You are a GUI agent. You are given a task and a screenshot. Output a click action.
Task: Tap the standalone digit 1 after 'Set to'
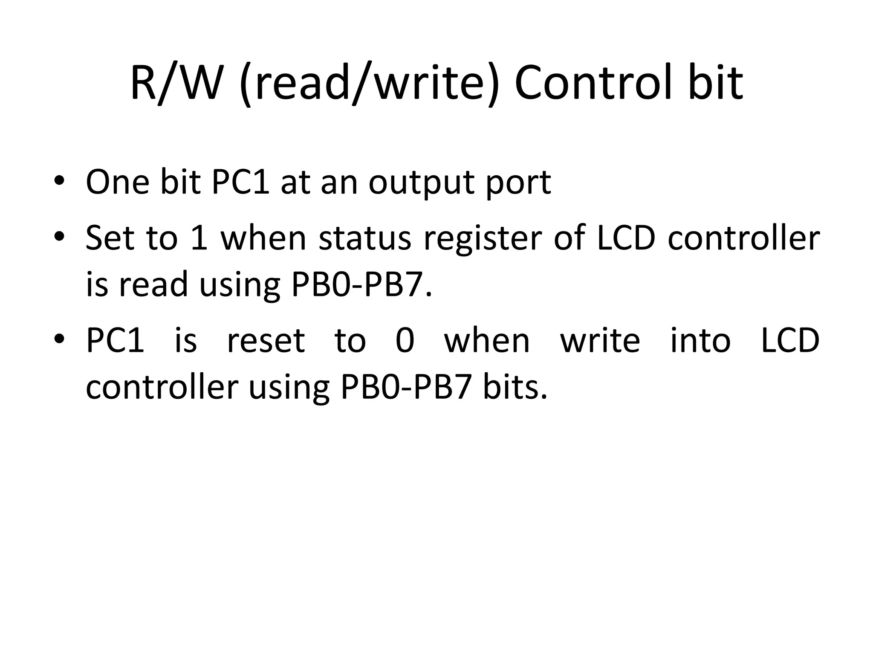click(199, 238)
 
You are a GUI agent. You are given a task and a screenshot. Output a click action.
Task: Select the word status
click(365, 238)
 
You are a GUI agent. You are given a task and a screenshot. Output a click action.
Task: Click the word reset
click(266, 341)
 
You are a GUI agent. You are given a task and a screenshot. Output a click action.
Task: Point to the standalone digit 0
click(405, 341)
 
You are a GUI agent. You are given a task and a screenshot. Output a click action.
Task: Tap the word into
click(700, 341)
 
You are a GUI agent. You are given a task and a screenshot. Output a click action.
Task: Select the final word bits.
click(515, 388)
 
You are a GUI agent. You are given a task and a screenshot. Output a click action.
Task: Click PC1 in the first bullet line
click(241, 183)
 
